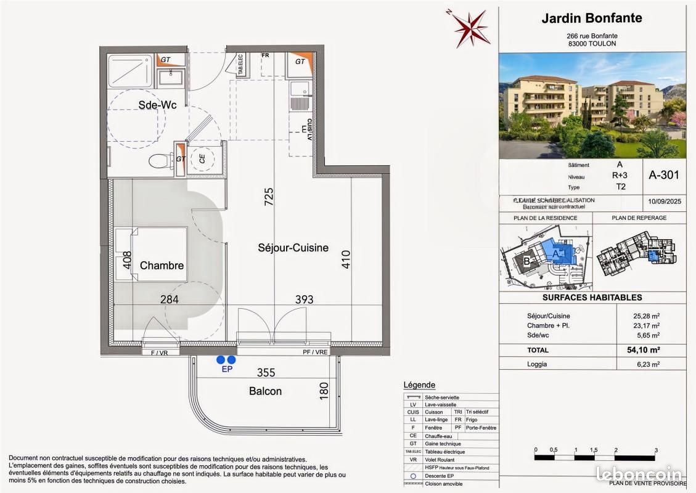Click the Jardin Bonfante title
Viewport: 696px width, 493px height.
pyautogui.click(x=591, y=18)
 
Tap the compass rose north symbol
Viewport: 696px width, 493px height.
pyautogui.click(x=472, y=28)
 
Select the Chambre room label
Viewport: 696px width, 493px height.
pyautogui.click(x=162, y=266)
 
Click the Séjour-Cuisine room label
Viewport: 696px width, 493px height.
pyautogui.click(x=293, y=248)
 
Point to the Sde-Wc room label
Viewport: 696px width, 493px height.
pyautogui.click(x=157, y=105)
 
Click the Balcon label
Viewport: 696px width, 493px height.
pyautogui.click(x=265, y=391)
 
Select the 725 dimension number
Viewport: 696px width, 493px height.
pyautogui.click(x=268, y=197)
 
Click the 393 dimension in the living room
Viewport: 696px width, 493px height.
pyautogui.click(x=304, y=299)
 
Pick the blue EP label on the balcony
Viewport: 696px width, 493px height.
pyautogui.click(x=226, y=370)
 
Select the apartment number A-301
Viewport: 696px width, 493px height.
pyautogui.click(x=663, y=175)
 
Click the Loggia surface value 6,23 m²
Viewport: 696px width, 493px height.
pyautogui.click(x=645, y=364)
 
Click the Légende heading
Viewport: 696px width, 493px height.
pyautogui.click(x=419, y=385)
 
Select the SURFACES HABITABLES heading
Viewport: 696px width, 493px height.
pyautogui.click(x=592, y=297)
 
